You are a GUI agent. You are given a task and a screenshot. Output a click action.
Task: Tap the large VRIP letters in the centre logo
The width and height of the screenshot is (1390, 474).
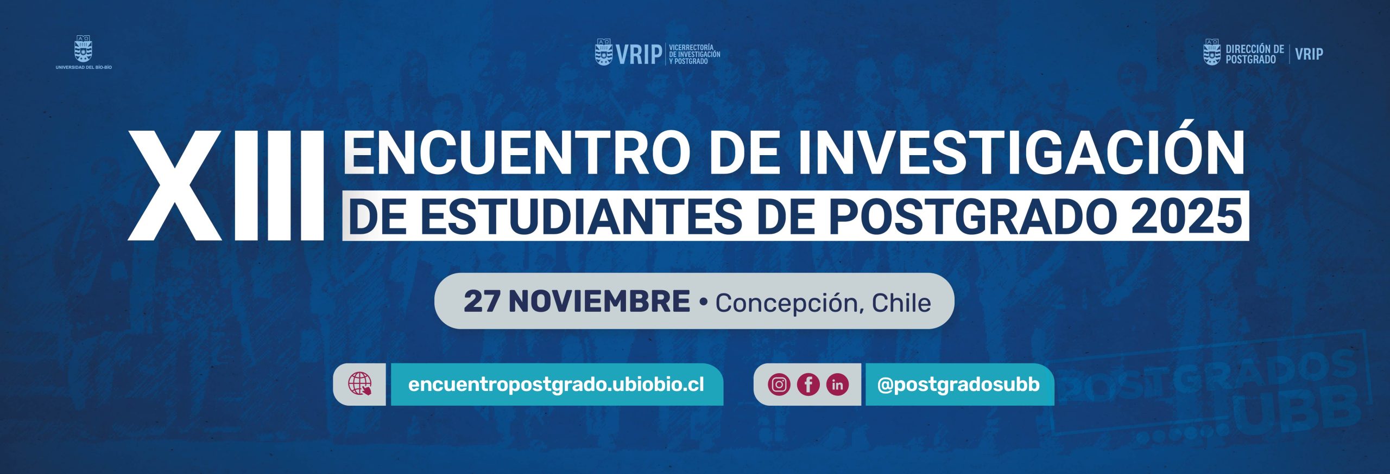pos(639,54)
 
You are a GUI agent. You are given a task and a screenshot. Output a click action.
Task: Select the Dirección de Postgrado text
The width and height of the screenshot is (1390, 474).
pos(1254,54)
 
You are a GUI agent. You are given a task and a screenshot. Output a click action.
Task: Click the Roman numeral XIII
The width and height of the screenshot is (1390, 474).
pos(226,185)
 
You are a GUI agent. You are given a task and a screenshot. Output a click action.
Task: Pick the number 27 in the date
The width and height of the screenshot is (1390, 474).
pos(482,302)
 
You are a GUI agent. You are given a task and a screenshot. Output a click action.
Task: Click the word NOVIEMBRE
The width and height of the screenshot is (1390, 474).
pos(599,302)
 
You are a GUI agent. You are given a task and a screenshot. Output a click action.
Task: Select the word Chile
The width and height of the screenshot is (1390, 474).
pos(901,303)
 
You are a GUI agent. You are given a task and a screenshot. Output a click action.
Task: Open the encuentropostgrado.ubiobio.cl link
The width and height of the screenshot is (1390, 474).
pos(556,385)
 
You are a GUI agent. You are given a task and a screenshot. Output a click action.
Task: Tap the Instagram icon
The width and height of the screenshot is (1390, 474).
pos(779,385)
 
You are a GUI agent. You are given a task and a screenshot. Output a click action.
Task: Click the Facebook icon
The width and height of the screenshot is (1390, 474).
pos(808,385)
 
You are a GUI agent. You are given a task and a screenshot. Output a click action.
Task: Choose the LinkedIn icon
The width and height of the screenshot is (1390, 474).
pos(837,385)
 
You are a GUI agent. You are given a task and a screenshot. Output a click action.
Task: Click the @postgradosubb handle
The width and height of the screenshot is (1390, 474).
pos(958,385)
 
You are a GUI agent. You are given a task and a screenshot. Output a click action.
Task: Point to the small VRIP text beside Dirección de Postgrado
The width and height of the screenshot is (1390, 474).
pos(1309,54)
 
